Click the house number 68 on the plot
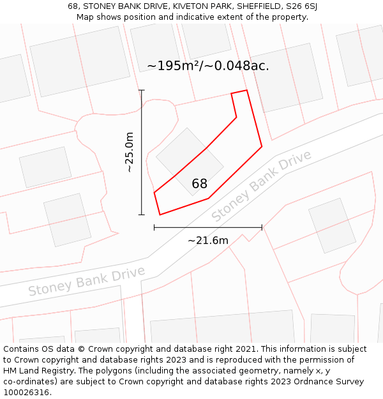tap(200, 184)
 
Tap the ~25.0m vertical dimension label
tap(130, 152)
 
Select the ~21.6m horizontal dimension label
tap(208, 241)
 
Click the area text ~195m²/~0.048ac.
tap(208, 66)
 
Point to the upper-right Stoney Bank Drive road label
tap(262, 186)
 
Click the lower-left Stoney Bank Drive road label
tap(86, 281)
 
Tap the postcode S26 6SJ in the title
tap(302, 6)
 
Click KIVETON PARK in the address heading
tap(195, 6)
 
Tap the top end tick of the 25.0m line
tap(142, 90)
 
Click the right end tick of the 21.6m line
tap(262, 227)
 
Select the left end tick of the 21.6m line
tap(154, 227)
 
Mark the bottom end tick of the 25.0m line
tap(142, 215)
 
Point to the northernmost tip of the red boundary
tap(246, 90)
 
